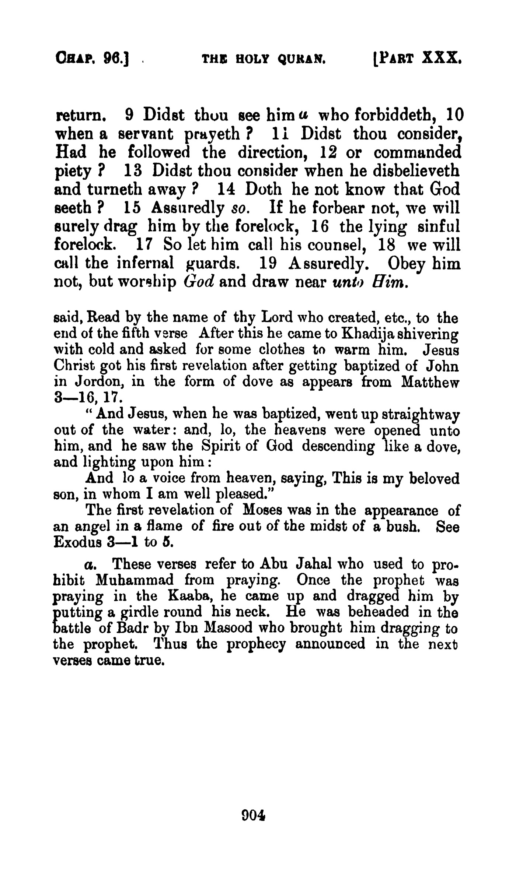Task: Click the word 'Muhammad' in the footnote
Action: coord(134,580)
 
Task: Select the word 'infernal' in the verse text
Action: coord(145,264)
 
